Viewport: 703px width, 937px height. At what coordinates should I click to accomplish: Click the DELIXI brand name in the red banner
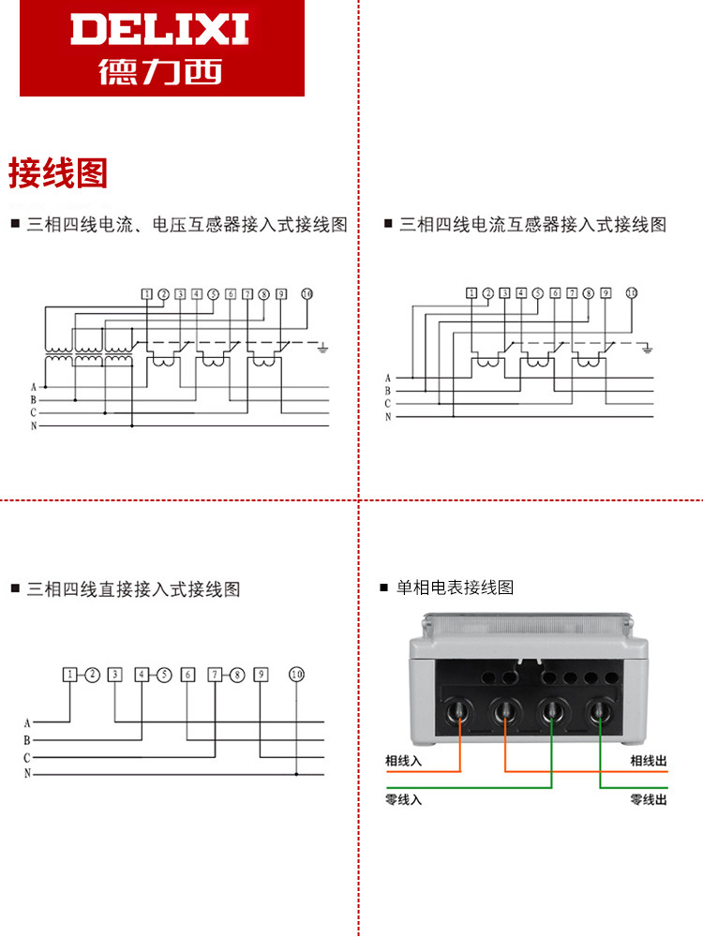159,29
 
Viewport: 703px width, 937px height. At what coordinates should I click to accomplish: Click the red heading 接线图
58,173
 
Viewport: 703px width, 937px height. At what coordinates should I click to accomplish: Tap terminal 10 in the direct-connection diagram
296,675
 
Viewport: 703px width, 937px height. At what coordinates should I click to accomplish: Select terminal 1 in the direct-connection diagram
70,675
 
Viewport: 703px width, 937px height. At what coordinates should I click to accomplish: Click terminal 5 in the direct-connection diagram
164,675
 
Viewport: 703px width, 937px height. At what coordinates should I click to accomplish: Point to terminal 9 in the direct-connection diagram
261,675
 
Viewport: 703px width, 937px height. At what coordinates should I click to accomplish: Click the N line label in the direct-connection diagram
27,773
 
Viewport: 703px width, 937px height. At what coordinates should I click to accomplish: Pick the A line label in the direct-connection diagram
27,723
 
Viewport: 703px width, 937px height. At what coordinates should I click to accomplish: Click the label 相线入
403,761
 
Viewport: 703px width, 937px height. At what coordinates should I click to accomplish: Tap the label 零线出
649,799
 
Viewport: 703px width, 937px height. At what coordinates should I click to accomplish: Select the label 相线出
649,761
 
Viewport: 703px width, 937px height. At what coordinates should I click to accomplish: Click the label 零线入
403,799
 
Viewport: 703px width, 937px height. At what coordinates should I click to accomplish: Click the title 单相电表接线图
455,587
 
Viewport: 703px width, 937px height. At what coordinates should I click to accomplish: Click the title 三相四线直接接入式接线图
133,589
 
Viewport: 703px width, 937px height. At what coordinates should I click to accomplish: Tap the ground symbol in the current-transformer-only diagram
647,349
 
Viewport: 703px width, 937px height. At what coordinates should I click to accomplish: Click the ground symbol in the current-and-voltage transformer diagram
322,348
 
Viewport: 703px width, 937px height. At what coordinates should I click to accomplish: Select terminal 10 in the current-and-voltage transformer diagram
307,294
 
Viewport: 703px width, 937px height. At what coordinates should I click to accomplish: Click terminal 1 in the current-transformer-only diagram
471,292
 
